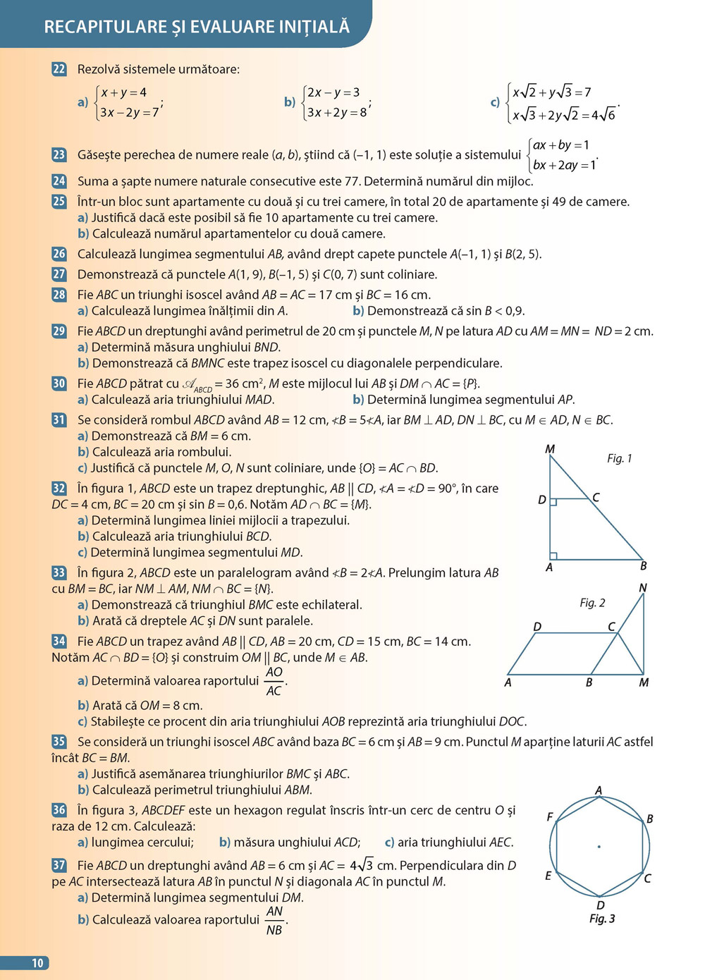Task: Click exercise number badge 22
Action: point(59,69)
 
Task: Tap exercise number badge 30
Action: point(59,384)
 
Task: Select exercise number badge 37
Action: point(59,865)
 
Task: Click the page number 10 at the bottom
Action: point(37,963)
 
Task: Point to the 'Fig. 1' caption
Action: point(619,458)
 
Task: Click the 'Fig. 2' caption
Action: point(592,603)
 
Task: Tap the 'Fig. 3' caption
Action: point(602,919)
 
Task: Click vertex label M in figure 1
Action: point(550,449)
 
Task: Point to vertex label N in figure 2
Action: point(642,588)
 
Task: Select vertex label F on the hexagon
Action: point(550,817)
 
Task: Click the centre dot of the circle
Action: point(599,846)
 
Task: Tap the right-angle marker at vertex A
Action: point(553,556)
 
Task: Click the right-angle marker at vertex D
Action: point(553,502)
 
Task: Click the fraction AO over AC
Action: point(274,681)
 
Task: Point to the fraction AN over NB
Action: point(274,921)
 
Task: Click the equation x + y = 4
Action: point(123,92)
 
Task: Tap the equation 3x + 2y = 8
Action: point(336,112)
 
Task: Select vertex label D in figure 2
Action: point(537,627)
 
